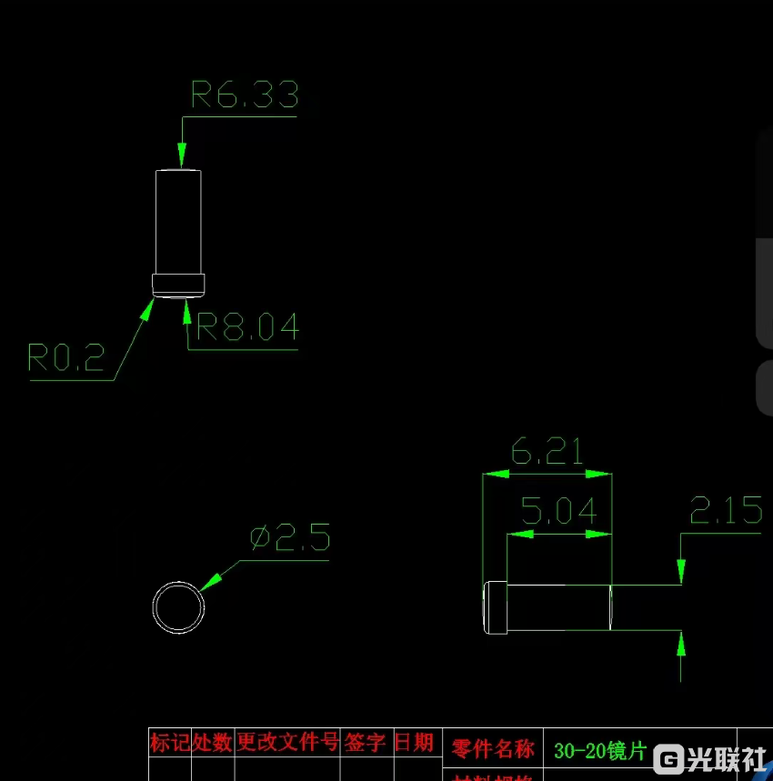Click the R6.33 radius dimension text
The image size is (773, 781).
pyautogui.click(x=244, y=95)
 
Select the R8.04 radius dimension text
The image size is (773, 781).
pyautogui.click(x=247, y=326)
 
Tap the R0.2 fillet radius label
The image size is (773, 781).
pyautogui.click(x=66, y=358)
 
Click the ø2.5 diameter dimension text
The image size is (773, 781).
pyautogui.click(x=290, y=538)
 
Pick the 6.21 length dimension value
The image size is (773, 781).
pyautogui.click(x=547, y=451)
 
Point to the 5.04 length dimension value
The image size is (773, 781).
pyautogui.click(x=559, y=511)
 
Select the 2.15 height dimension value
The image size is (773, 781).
pyautogui.click(x=726, y=511)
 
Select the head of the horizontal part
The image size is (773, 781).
pyautogui.click(x=494, y=606)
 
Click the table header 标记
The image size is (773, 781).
pyautogui.click(x=170, y=742)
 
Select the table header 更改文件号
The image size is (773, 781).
pyautogui.click(x=287, y=742)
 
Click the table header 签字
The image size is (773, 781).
pyautogui.click(x=365, y=742)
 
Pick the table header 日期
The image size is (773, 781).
pyautogui.click(x=413, y=742)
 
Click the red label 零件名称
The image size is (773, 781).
pyautogui.click(x=493, y=749)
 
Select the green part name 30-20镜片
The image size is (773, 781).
pyautogui.click(x=599, y=751)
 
